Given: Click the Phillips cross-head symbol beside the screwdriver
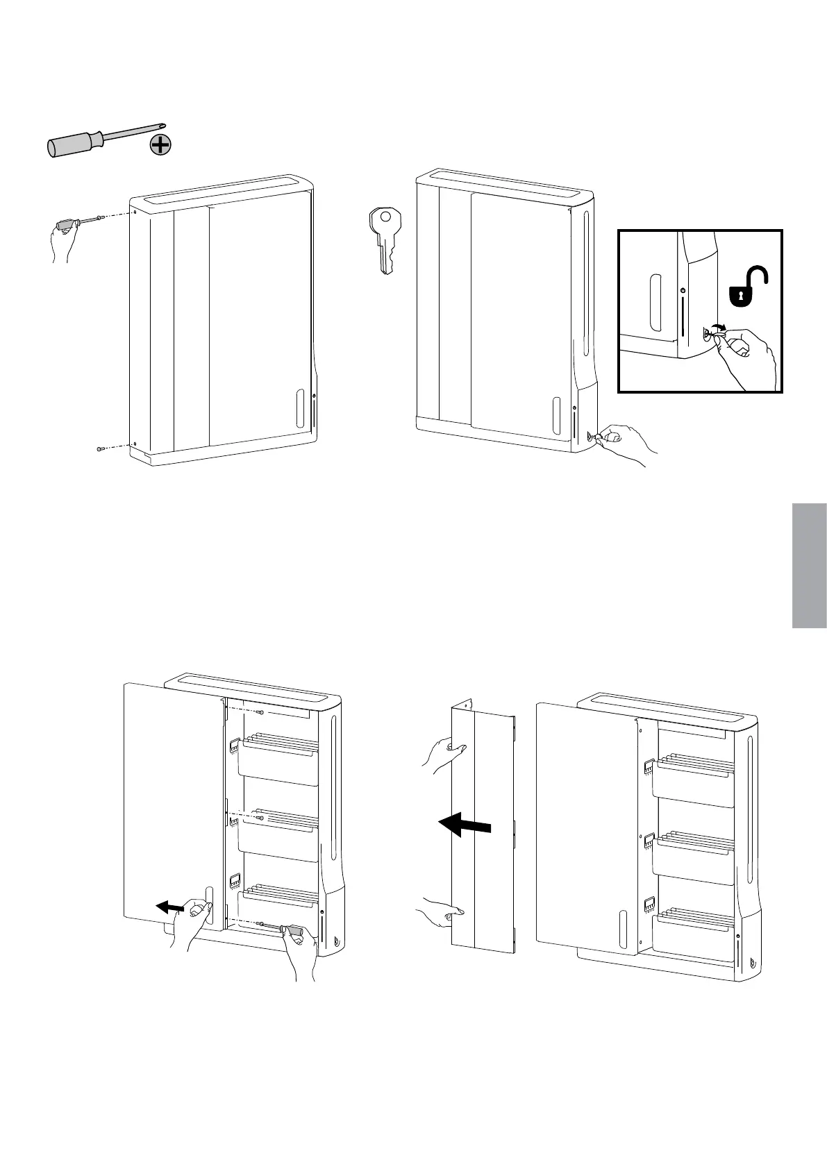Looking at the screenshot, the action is click(160, 145).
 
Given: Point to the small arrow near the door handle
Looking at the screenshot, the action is click(169, 906).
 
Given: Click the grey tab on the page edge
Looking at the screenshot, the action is click(808, 566).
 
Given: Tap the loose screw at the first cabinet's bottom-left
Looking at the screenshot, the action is click(101, 449).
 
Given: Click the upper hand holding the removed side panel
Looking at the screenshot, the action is click(443, 754).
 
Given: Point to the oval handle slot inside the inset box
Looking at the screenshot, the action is click(653, 303).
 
